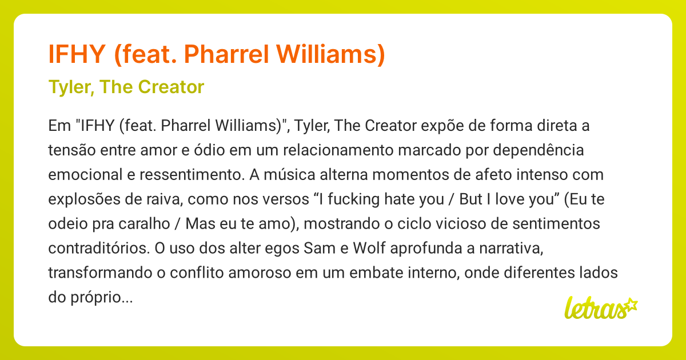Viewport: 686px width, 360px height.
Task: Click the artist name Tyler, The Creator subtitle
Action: pyautogui.click(x=126, y=87)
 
